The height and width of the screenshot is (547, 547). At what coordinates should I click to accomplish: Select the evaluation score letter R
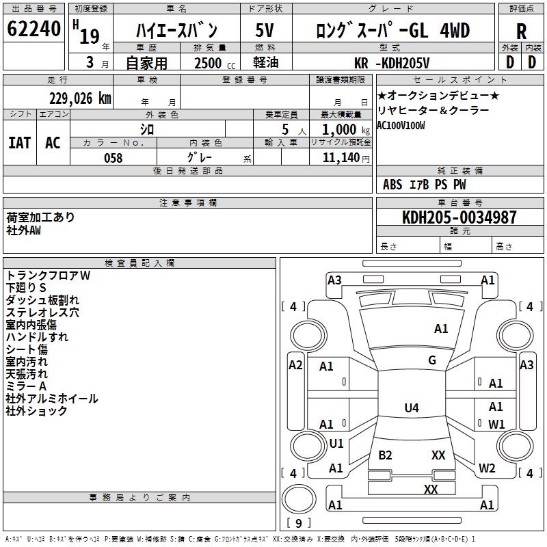(521, 31)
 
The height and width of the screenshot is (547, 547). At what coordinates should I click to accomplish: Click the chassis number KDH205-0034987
(459, 218)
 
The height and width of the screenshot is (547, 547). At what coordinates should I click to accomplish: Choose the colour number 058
(113, 158)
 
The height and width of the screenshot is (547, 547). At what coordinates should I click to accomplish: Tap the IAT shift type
(19, 143)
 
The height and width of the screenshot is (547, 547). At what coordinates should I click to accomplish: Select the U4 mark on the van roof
(411, 408)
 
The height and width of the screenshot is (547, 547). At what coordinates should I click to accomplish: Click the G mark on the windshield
(431, 360)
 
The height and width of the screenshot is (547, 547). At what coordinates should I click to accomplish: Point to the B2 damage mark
(385, 455)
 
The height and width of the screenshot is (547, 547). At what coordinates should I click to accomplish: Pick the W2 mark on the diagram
(487, 468)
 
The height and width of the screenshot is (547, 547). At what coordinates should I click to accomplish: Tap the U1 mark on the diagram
(336, 444)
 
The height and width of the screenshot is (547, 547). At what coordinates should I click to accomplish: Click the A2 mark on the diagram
(295, 365)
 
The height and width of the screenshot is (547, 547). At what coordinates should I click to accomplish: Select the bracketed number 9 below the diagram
(297, 523)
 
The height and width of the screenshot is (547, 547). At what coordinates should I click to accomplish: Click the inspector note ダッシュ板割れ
(42, 300)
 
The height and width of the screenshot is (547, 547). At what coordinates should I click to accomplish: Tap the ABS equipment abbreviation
(392, 185)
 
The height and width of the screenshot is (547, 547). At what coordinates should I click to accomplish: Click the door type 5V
(265, 31)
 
